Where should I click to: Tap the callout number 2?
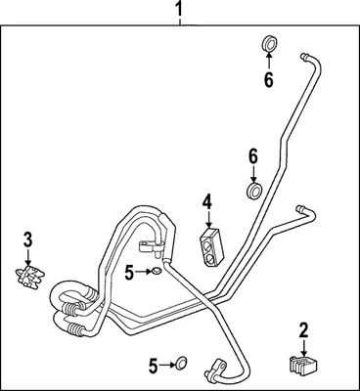[303, 329]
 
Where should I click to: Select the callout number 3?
[28, 239]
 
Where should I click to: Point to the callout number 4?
[206, 203]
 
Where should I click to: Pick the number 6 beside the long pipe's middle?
[252, 155]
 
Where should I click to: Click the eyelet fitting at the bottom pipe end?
[212, 369]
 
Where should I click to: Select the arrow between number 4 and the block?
[207, 220]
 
